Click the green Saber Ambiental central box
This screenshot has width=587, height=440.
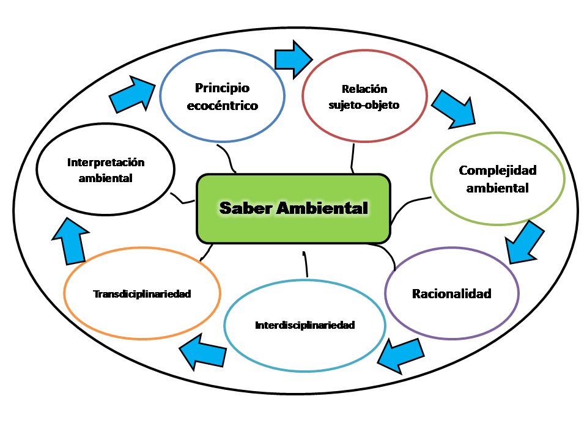point(293,208)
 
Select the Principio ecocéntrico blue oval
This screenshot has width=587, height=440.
point(223,97)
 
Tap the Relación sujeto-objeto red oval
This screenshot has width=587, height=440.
point(365,97)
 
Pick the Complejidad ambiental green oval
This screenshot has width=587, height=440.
point(498,178)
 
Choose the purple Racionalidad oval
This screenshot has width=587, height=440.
point(452,293)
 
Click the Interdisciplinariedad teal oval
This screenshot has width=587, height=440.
point(305,324)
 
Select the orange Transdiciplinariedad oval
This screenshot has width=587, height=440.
point(142,294)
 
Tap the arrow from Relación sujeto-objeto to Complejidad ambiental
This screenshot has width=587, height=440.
point(454,107)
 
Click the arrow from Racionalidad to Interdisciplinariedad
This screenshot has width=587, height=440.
point(400,354)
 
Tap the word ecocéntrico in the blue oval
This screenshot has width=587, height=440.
point(223,106)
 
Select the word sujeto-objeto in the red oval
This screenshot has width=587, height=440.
point(365,105)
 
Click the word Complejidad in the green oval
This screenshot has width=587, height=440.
point(498,170)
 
